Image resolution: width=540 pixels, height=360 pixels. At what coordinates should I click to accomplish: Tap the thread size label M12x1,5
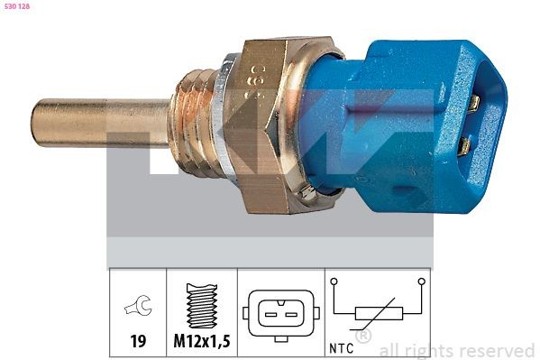coord(202,342)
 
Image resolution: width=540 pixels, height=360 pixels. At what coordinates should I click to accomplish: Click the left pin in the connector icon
coord(269,315)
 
